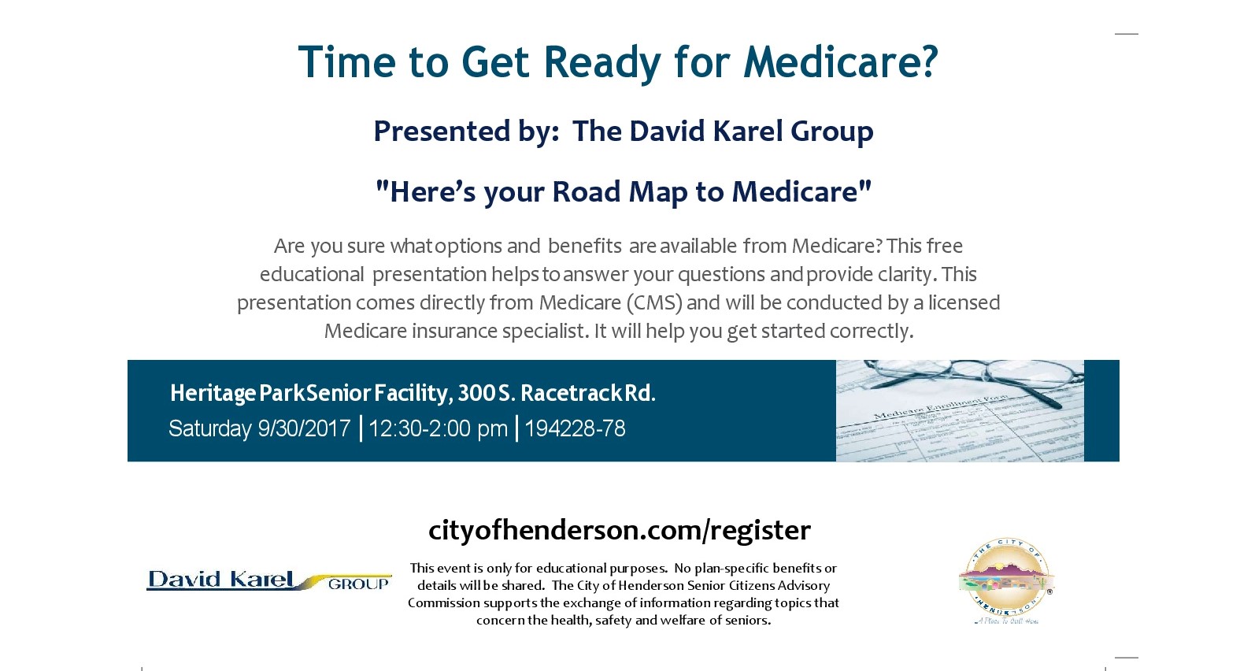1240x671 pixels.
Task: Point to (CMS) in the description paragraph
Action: pos(653,303)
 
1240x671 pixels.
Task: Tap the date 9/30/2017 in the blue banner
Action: pos(304,428)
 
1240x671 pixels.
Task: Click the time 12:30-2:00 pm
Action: pos(438,429)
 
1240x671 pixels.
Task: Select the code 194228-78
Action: pos(575,428)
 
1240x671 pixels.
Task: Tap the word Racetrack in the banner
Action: pos(572,393)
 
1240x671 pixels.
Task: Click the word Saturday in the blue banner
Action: pos(209,429)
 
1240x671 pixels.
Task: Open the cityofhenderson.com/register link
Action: pos(620,530)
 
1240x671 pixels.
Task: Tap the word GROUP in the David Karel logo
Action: pos(358,584)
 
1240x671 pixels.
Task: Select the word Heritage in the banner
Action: pos(213,394)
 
